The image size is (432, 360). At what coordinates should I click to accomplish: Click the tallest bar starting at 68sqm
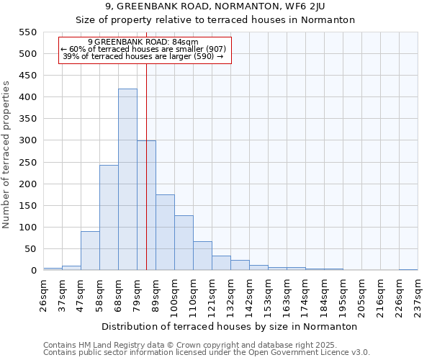(x=127, y=179)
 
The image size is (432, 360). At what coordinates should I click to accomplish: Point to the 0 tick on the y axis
(x=32, y=271)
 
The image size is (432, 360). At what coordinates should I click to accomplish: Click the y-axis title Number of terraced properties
(x=6, y=155)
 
